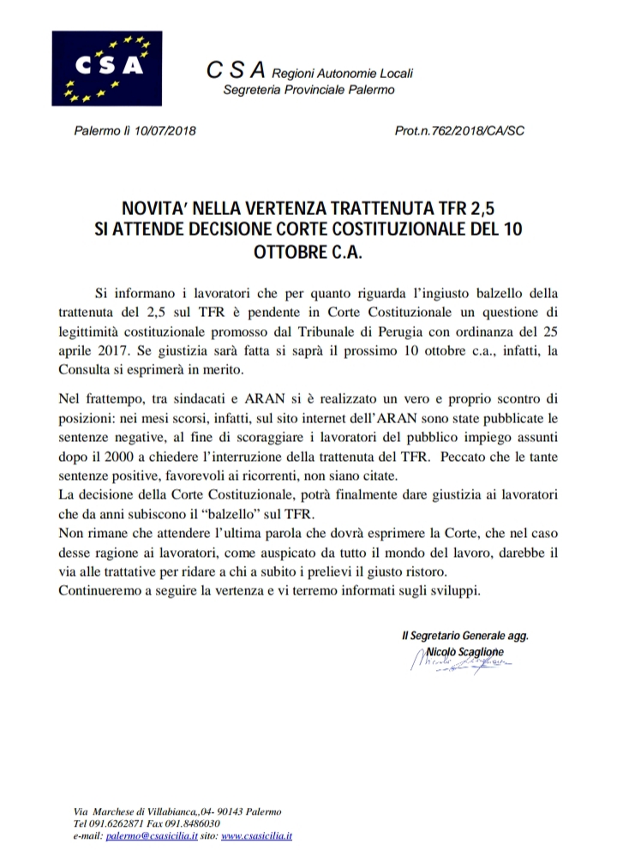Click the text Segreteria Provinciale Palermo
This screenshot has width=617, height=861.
coord(308,91)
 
